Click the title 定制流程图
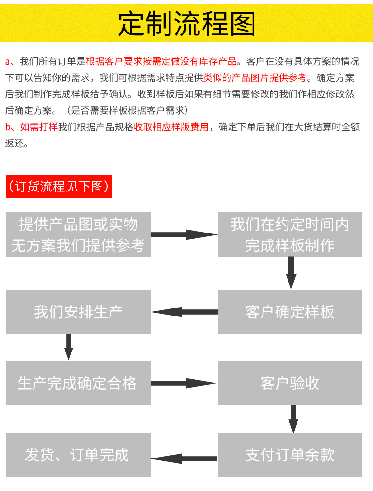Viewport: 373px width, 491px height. (186, 24)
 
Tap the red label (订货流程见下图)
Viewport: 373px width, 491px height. (59, 186)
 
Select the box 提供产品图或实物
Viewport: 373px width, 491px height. (78, 234)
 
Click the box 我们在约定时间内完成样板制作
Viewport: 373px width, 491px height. (289, 234)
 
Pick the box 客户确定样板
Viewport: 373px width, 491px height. (289, 312)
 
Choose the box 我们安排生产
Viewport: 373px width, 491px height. (78, 312)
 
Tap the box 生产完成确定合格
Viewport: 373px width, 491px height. (78, 383)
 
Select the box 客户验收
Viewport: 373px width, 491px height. (289, 383)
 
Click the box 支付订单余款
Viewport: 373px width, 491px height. (289, 455)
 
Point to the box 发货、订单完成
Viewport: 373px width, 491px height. (78, 455)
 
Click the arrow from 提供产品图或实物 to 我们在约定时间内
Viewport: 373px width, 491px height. (184, 234)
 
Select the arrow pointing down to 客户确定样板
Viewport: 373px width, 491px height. (291, 273)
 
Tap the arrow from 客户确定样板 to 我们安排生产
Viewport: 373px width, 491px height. (184, 312)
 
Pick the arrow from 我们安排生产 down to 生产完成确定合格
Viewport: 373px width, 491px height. (68, 347)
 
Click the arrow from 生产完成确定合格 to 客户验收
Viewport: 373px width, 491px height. (184, 383)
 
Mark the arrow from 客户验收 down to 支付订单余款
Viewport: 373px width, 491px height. (293, 418)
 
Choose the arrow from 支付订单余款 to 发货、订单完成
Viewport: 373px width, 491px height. (184, 458)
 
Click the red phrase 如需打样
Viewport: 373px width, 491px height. (38, 127)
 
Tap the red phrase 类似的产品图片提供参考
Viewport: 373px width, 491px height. (255, 77)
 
